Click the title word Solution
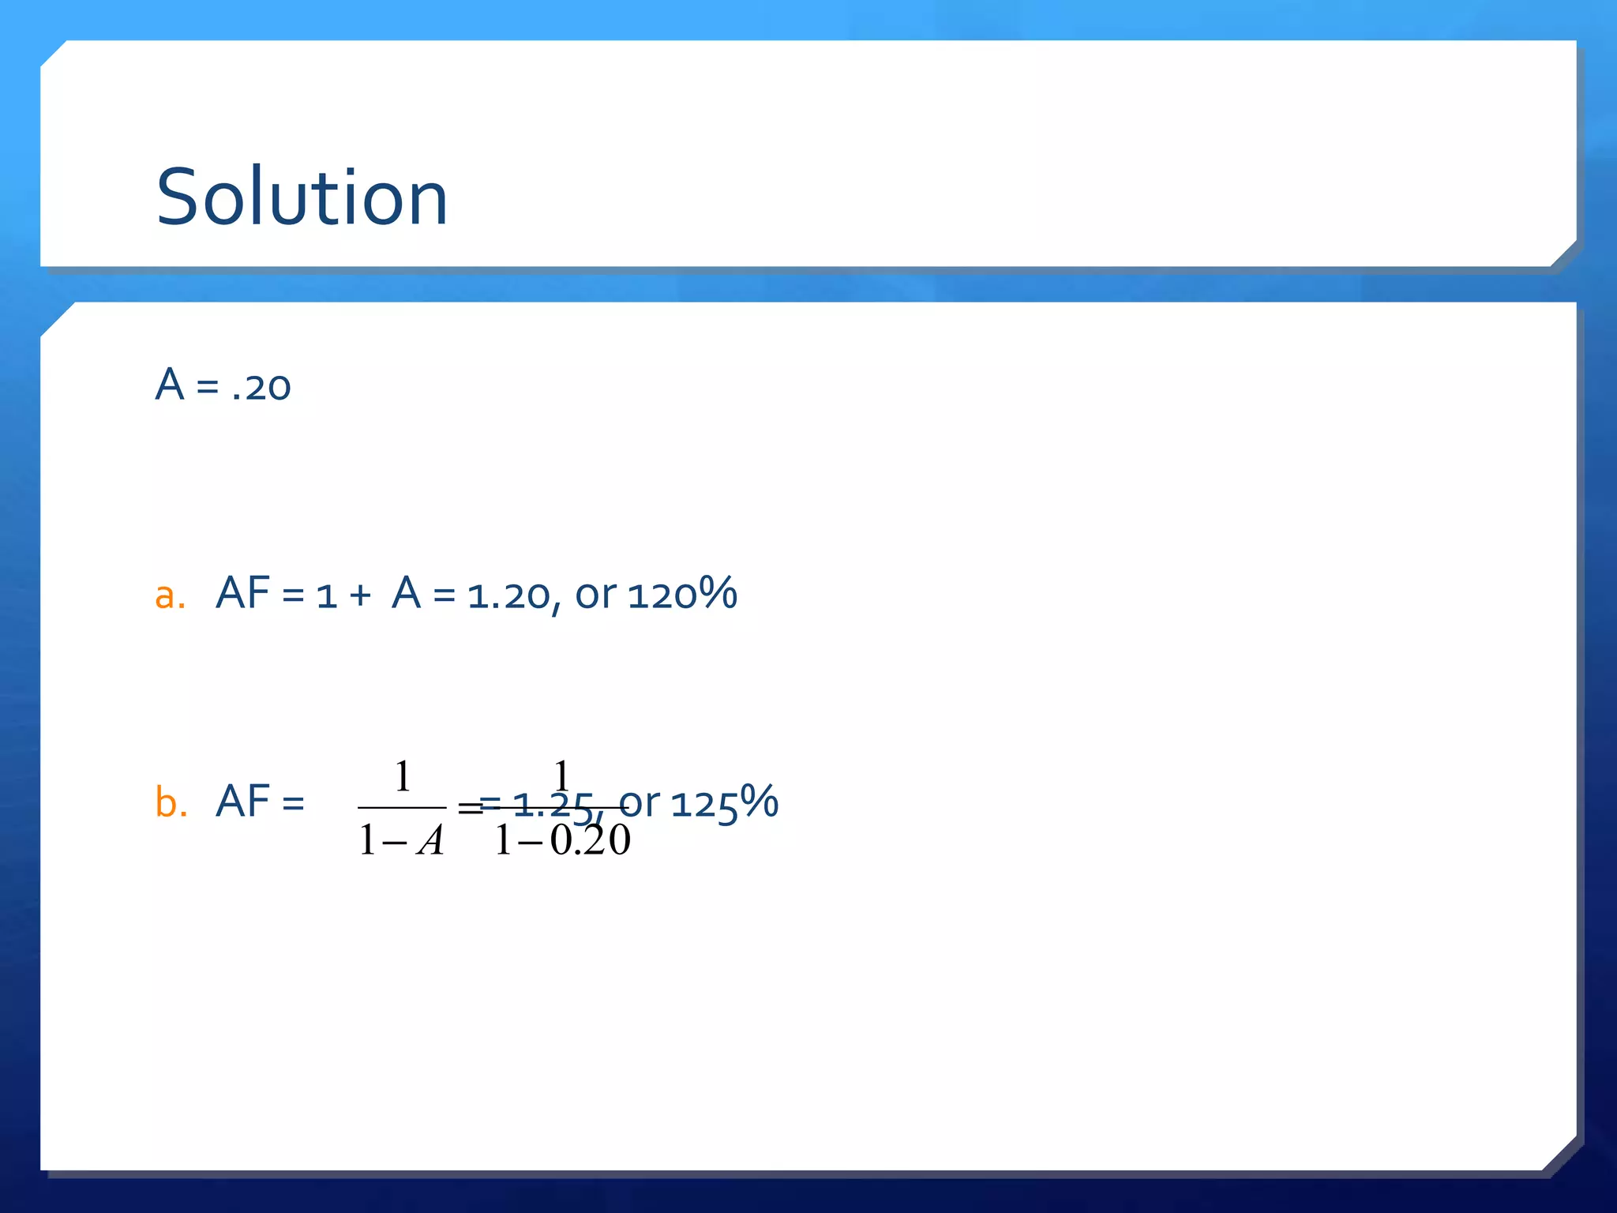(302, 197)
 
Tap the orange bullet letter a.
(170, 595)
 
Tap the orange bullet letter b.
(171, 803)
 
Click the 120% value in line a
(682, 594)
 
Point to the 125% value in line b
(724, 802)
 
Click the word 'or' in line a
(595, 596)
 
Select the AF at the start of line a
(242, 594)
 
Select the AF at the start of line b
(242, 802)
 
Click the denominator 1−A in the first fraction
(401, 840)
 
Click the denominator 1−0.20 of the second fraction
(562, 840)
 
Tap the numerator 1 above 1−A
(403, 776)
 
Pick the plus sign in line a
(359, 596)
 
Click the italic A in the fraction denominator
(430, 840)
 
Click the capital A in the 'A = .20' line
(170, 385)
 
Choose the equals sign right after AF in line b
(293, 804)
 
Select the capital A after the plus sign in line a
(406, 594)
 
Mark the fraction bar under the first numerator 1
(402, 808)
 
